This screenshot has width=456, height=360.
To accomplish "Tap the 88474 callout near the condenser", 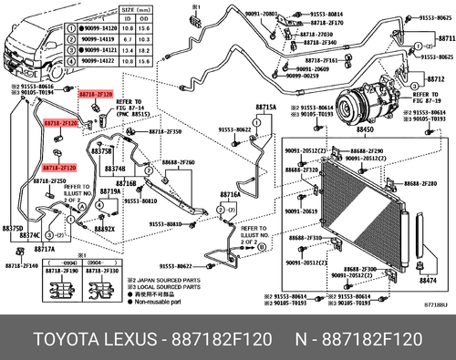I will (x=429, y=282).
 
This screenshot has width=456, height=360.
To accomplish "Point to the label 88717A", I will (x=45, y=250).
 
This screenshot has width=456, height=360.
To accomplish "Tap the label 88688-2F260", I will (x=178, y=161).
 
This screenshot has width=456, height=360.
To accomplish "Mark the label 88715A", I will (x=264, y=107).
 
